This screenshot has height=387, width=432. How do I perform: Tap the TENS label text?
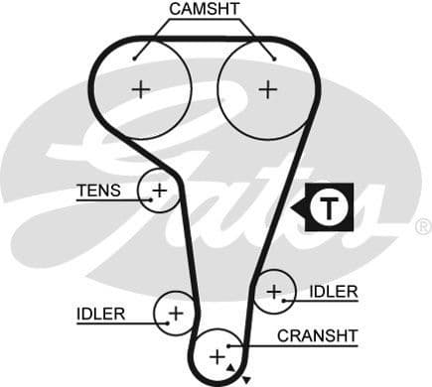98,190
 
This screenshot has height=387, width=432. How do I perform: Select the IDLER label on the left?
100,314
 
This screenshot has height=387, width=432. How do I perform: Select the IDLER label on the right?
333,291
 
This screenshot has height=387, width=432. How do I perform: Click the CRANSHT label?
317,335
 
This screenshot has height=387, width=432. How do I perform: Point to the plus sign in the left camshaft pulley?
141,88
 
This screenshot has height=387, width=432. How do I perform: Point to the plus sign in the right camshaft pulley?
266,88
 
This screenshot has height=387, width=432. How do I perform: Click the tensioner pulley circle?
158,190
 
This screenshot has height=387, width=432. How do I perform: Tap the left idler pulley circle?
176,314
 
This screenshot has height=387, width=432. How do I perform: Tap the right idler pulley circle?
273,291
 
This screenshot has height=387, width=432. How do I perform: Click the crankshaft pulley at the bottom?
217,354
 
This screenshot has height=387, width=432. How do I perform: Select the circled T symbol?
326,207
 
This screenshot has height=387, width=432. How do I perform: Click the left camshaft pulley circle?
141,88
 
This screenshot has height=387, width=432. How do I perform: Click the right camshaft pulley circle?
266,88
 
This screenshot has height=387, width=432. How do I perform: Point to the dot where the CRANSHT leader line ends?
230,345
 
